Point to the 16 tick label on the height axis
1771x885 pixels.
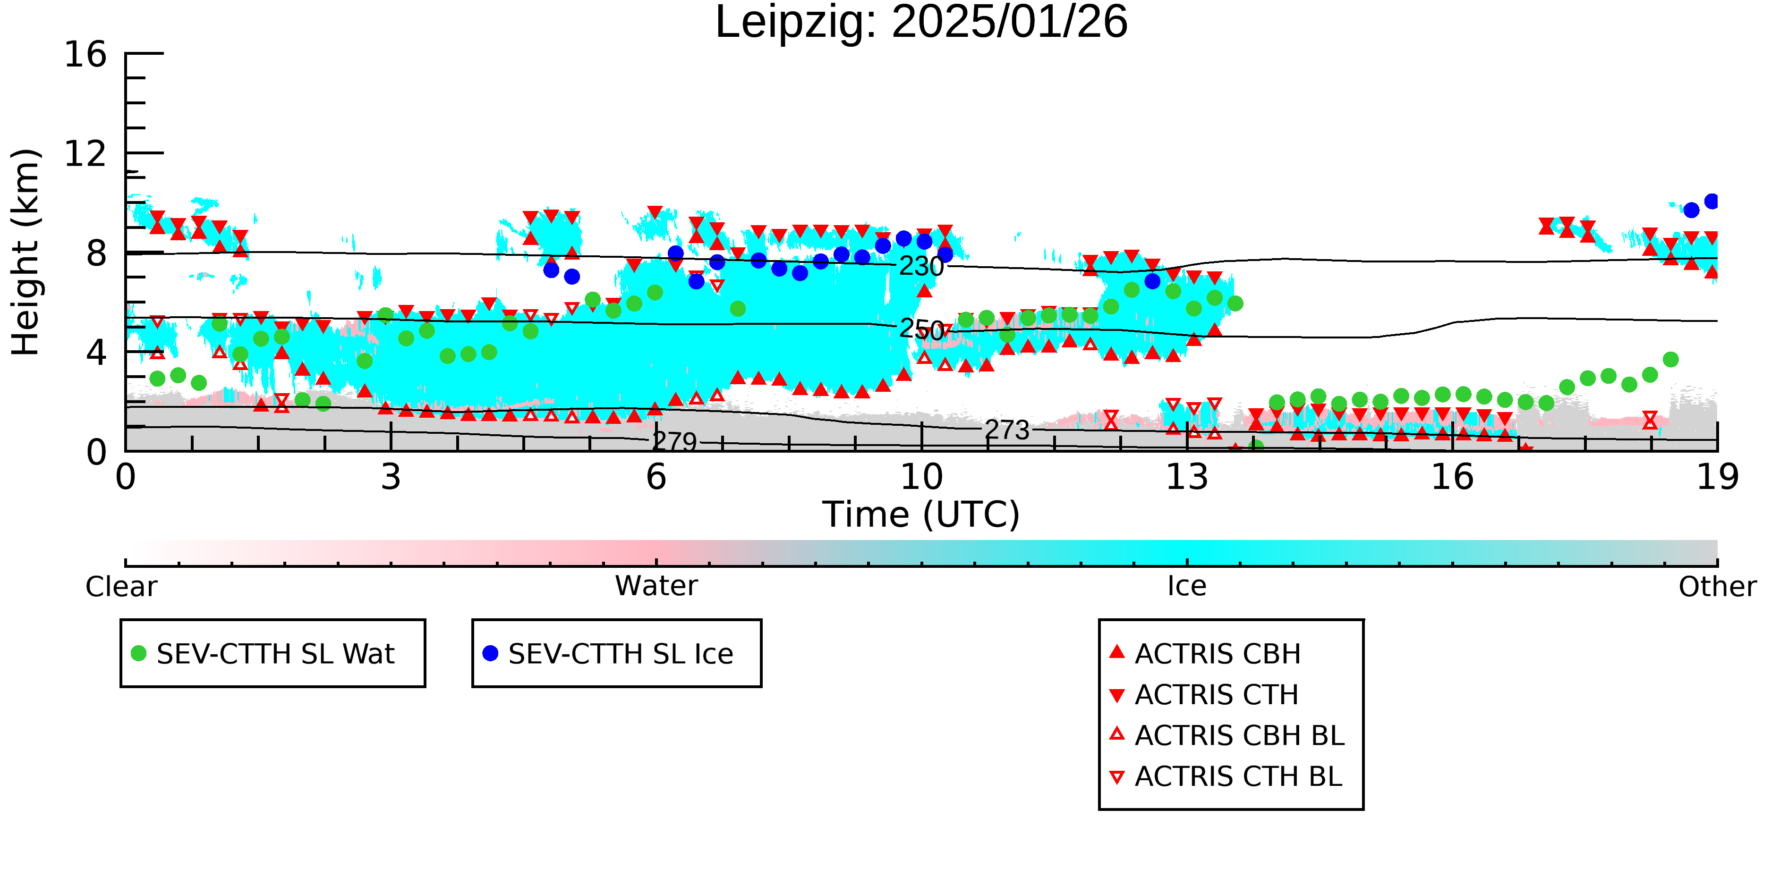coord(85,54)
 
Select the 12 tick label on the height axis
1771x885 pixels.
coord(85,154)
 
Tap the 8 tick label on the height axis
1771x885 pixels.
coord(96,253)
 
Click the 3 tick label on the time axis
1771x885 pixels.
coord(391,477)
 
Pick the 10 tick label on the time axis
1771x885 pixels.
coord(921,477)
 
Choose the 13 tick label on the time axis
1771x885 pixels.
coord(1187,477)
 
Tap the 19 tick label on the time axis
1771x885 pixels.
coord(1717,477)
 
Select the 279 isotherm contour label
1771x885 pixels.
coord(674,442)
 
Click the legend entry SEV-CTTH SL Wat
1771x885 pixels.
coord(275,653)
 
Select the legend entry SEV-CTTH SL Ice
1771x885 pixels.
coord(620,653)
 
